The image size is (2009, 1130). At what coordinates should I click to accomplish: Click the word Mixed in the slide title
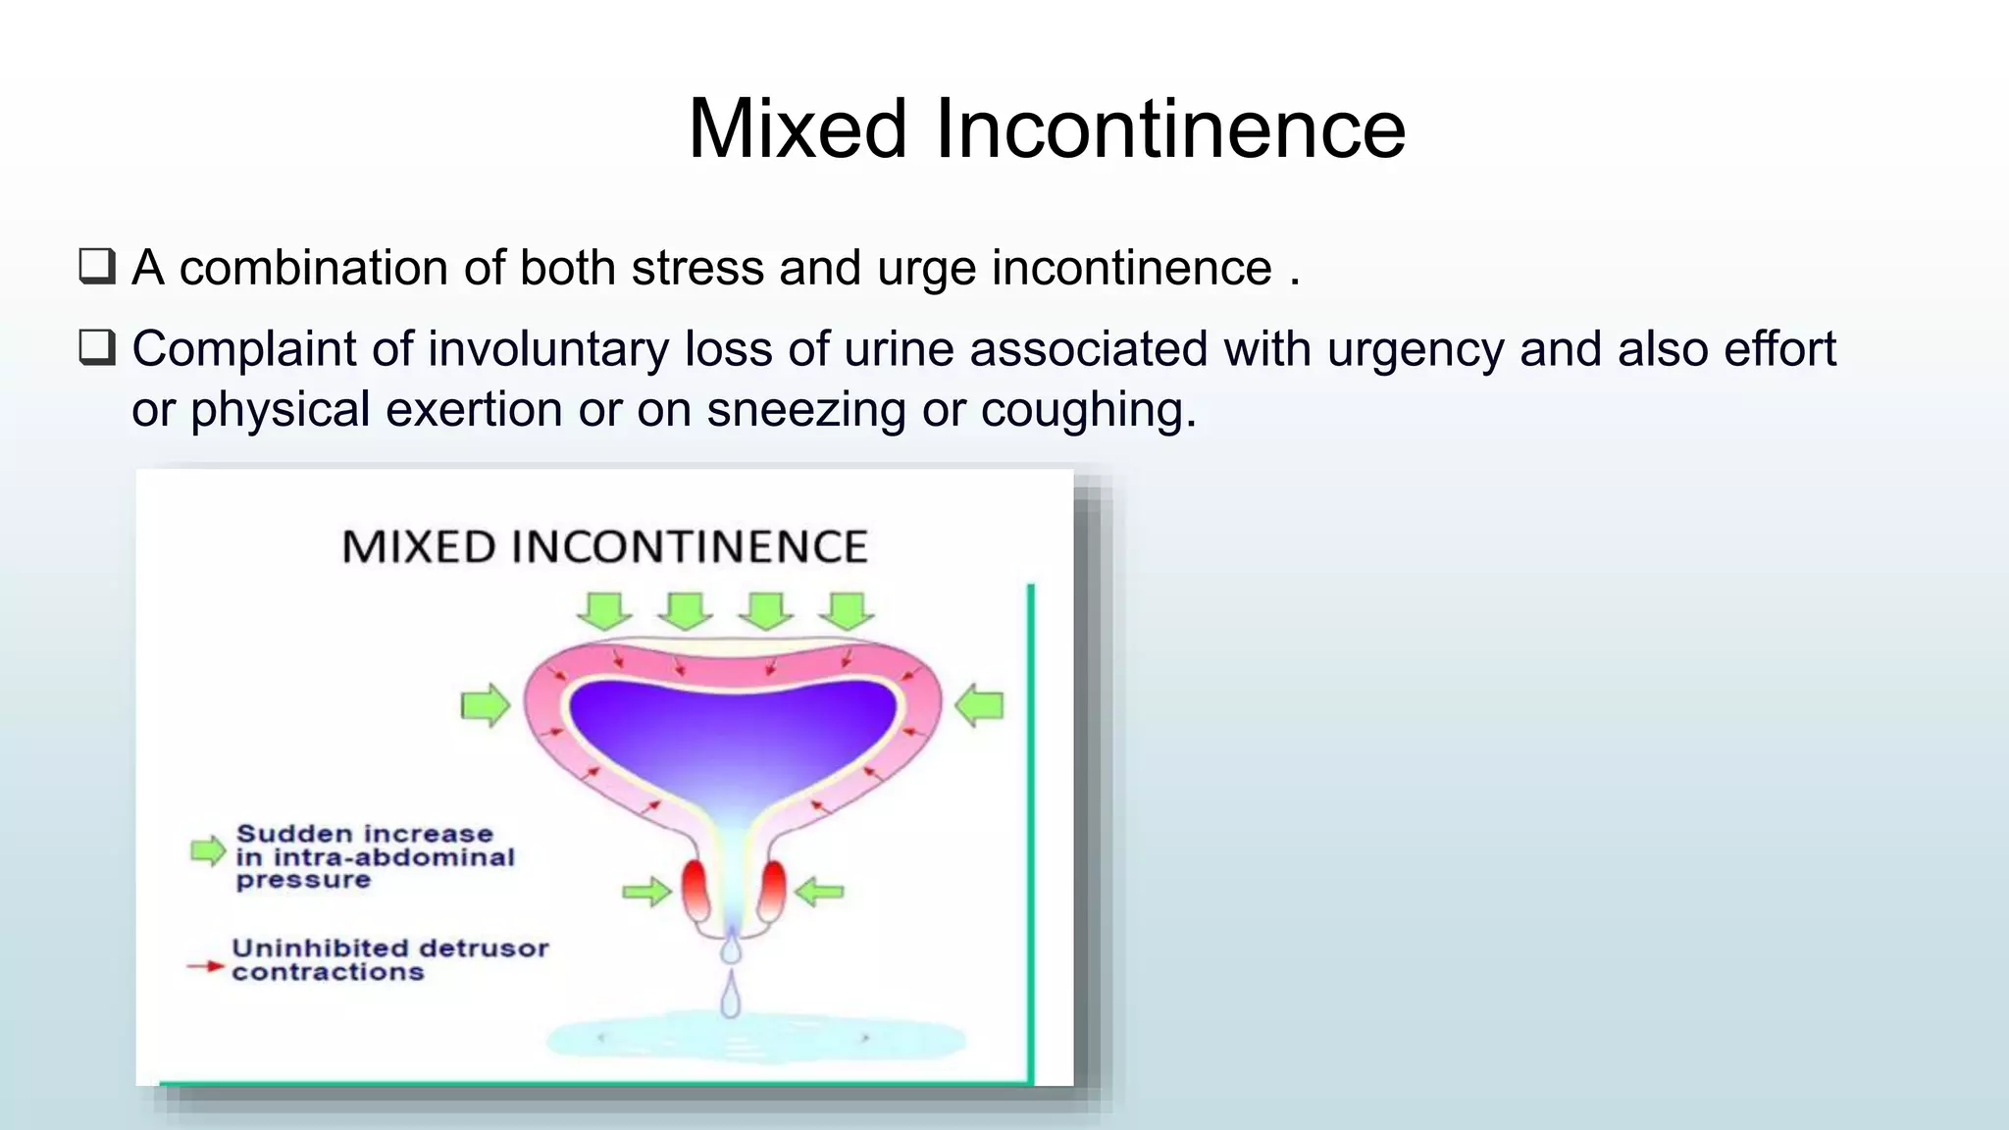[x=797, y=128]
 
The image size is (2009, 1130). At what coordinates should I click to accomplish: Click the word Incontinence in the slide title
[x=1169, y=128]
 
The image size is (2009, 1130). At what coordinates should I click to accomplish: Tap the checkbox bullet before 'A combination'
[x=97, y=267]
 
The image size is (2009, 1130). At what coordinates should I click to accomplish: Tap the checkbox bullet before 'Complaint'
[x=97, y=347]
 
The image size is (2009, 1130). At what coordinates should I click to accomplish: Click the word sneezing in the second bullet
[x=805, y=409]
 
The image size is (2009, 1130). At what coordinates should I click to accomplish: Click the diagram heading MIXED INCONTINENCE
[x=604, y=546]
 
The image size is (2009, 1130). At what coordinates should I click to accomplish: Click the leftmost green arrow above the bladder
[x=604, y=610]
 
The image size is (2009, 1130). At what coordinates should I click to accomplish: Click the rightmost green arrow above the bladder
[x=847, y=610]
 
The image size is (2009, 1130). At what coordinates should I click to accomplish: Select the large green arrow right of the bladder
[x=979, y=705]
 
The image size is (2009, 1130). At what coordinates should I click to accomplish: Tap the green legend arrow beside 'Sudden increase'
[x=208, y=850]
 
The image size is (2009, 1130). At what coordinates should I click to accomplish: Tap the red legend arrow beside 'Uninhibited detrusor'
[x=206, y=966]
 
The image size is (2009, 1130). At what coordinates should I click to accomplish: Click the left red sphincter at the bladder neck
[x=695, y=889]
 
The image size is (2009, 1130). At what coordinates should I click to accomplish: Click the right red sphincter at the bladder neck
[x=772, y=889]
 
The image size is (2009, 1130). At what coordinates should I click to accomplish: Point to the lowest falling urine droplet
[x=731, y=997]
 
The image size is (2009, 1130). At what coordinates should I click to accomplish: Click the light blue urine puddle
[x=755, y=1040]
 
